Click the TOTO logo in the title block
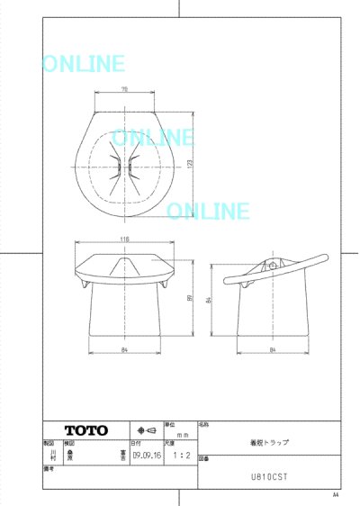(x=85, y=429)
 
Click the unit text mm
(x=178, y=433)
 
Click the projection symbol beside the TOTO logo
(x=146, y=429)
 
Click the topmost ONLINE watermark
(x=83, y=64)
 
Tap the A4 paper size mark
(x=336, y=495)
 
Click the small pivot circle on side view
(x=274, y=267)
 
